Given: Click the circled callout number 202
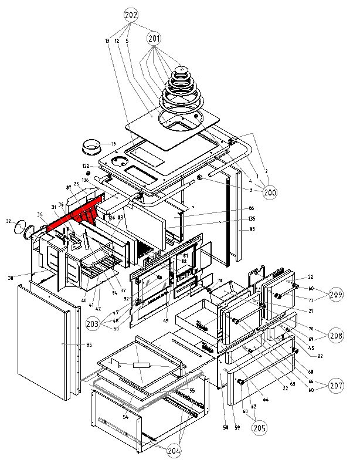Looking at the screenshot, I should [x=131, y=13].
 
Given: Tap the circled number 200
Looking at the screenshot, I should [x=270, y=191].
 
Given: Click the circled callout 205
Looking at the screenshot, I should [x=258, y=428].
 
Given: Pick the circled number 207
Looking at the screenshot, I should [x=336, y=386].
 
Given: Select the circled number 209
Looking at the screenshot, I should [x=336, y=294].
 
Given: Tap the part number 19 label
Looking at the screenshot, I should [x=113, y=144].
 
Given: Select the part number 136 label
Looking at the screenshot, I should [x=85, y=180].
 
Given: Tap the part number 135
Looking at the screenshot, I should [x=235, y=219].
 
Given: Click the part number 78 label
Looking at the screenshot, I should [x=220, y=281].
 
